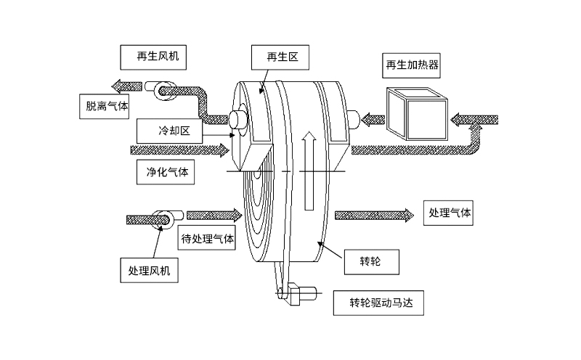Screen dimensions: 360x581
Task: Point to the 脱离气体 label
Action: coord(104,106)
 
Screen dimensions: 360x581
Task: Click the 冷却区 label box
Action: coord(165,131)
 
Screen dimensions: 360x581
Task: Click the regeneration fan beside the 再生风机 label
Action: coord(160,88)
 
